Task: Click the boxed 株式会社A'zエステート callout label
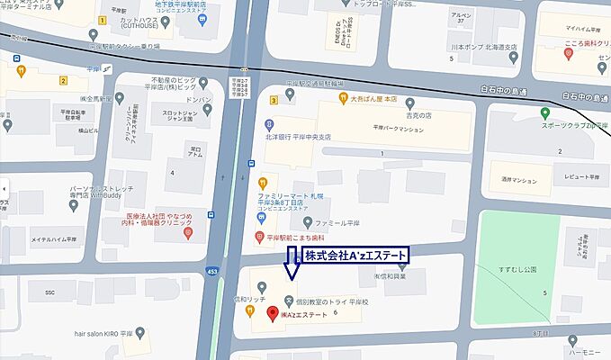coord(354,256)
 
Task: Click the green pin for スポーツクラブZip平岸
coord(545,112)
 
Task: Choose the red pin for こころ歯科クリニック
coord(569,55)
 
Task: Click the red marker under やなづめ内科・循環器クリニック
coord(186,233)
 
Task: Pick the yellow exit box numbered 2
coord(63,79)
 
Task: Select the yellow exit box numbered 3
coord(273,100)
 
